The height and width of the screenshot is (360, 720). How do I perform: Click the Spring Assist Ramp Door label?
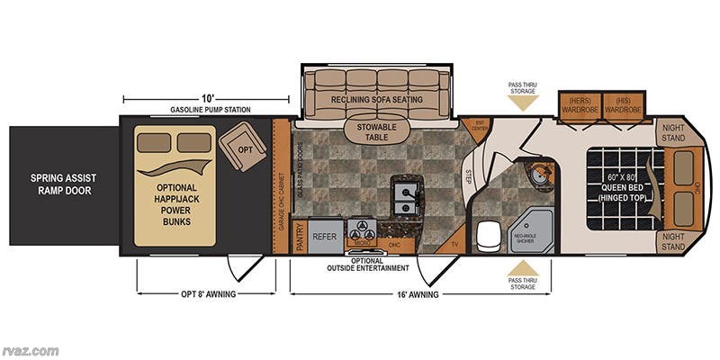(62, 184)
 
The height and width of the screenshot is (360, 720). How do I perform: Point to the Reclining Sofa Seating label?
(377, 99)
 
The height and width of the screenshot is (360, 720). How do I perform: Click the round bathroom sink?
(538, 174)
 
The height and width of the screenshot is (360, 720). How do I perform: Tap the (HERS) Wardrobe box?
(579, 104)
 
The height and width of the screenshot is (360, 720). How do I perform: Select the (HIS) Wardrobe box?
(621, 104)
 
